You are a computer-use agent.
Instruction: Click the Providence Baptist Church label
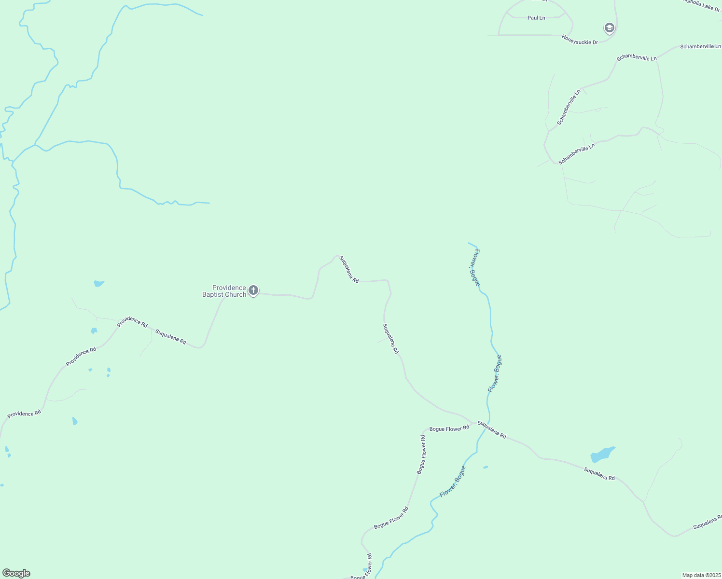224,291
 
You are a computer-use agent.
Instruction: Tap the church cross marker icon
253,290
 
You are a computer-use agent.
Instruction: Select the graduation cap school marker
609,28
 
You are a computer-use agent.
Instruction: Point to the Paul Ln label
536,18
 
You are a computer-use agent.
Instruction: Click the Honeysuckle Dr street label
580,40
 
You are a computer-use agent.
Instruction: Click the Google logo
16,573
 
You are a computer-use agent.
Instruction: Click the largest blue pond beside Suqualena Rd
602,455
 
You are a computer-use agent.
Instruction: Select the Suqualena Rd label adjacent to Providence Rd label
171,336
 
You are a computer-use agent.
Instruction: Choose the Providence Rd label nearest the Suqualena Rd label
132,322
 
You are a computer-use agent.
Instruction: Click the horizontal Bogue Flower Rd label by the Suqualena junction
449,428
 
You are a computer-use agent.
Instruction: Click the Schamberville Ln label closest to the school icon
637,57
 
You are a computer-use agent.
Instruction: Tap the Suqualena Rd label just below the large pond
599,474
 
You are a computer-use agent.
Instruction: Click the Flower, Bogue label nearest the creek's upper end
475,267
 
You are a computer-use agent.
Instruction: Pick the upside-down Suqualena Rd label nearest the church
349,269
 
